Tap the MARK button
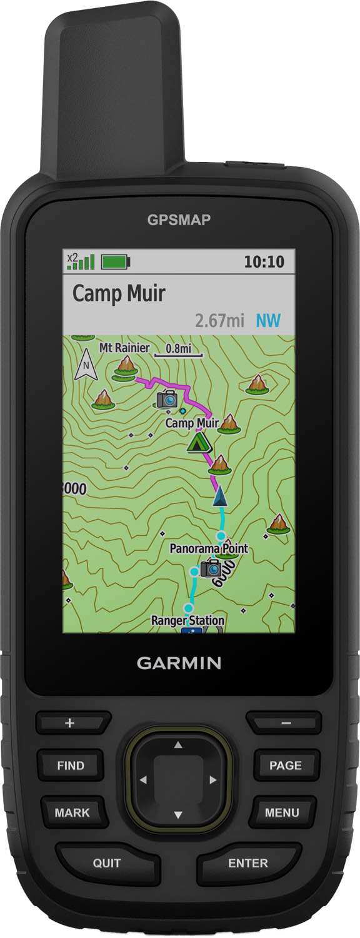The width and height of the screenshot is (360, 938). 72,813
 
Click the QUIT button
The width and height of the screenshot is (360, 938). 107,864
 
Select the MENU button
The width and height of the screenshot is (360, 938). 282,813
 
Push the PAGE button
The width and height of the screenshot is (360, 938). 285,765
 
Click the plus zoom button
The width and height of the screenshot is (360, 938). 69,724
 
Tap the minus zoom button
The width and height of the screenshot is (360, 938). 286,724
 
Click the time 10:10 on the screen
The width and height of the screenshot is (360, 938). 264,261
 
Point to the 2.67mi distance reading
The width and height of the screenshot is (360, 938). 219,321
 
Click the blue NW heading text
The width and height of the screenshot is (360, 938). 268,321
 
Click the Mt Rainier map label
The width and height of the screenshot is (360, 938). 124,348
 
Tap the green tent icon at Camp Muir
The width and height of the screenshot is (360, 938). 199,442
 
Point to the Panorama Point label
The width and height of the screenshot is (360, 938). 209,548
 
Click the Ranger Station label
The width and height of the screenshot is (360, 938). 187,620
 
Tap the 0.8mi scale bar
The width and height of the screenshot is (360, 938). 178,350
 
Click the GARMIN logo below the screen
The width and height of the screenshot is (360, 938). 179,663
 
